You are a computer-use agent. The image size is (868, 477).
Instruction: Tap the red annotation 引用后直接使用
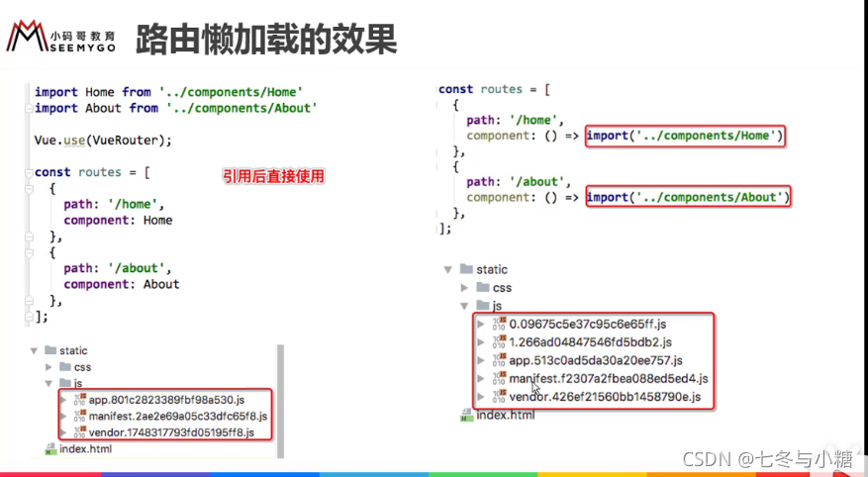pos(273,176)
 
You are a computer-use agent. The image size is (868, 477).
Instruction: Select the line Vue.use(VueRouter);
pos(103,140)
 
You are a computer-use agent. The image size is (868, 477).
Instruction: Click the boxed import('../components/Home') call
pos(685,136)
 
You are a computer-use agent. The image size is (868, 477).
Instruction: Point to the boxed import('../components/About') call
pos(688,197)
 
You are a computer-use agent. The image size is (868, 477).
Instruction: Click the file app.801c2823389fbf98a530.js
pos(165,400)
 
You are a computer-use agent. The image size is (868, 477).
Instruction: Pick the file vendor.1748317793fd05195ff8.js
pos(171,432)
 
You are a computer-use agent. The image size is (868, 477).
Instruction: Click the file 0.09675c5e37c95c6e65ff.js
pos(588,324)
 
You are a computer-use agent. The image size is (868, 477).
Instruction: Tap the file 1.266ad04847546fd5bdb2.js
pos(589,341)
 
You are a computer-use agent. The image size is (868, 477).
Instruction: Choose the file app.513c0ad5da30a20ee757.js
pos(596,360)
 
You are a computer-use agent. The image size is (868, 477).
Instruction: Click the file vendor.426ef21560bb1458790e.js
pos(605,397)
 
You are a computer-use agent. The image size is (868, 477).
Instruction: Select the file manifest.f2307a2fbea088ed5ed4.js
pos(609,378)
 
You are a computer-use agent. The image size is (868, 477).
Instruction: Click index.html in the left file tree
pos(85,449)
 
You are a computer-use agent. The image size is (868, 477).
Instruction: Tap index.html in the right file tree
pos(505,414)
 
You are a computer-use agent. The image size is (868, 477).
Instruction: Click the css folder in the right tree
pos(502,288)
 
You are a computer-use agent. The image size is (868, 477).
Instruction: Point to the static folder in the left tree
pos(73,350)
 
